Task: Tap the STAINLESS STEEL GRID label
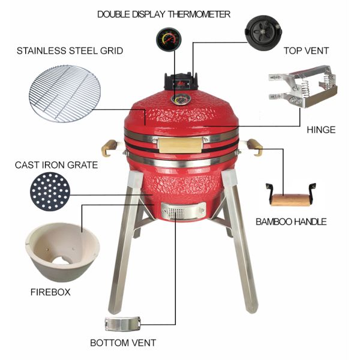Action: click(70, 50)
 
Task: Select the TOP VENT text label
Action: click(306, 50)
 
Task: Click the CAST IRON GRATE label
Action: click(56, 164)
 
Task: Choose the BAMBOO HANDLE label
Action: click(291, 221)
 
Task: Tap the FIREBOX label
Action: click(50, 292)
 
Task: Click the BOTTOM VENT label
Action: click(123, 343)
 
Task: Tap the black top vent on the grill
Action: click(179, 80)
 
